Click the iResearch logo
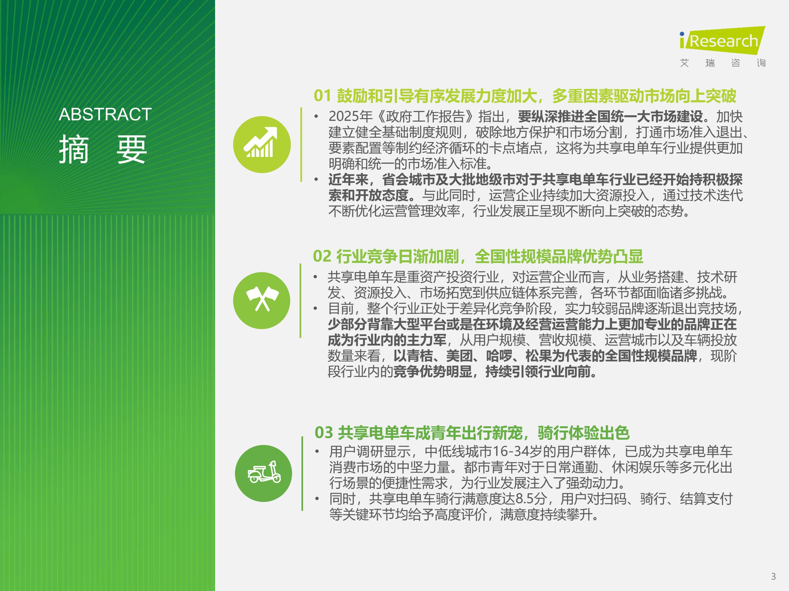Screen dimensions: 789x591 (722, 40)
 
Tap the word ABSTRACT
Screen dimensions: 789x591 (105, 114)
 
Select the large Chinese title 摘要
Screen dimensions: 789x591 (103, 149)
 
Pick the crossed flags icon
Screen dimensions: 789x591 (262, 300)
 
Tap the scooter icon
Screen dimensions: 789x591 (264, 473)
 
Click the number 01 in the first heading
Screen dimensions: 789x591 (322, 96)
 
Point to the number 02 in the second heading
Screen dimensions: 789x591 (322, 256)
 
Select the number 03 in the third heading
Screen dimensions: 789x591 (323, 433)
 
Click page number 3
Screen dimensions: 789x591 (773, 576)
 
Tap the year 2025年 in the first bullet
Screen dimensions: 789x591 (350, 116)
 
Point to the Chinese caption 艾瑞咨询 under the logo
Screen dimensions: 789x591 (723, 63)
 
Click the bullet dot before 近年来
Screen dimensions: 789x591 (316, 179)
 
